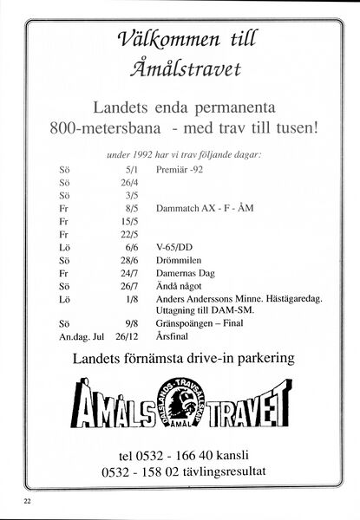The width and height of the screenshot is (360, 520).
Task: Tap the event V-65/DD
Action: click(x=177, y=247)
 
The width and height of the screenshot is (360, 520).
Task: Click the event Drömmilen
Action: click(x=180, y=260)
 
